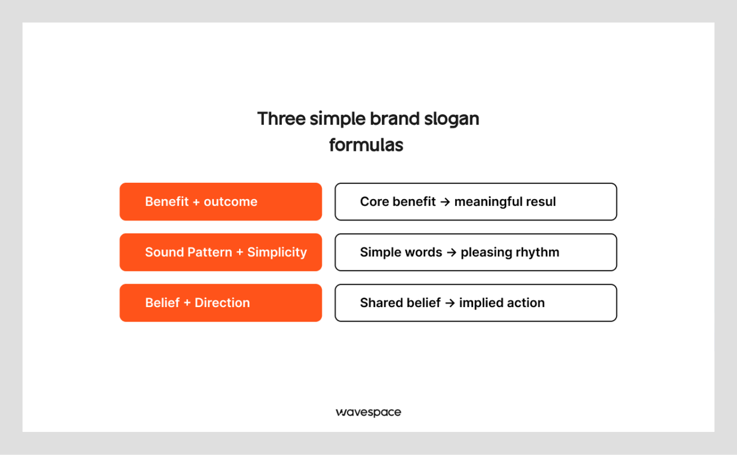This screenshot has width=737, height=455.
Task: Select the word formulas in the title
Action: pyautogui.click(x=366, y=145)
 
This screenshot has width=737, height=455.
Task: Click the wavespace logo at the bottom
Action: pyautogui.click(x=368, y=412)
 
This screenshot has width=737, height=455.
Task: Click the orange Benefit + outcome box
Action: pyautogui.click(x=221, y=201)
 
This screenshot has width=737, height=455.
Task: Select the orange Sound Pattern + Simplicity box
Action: pyautogui.click(x=221, y=252)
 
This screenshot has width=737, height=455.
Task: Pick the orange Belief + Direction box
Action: pyautogui.click(x=221, y=303)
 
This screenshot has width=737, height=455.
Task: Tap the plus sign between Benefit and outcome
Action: pyautogui.click(x=196, y=202)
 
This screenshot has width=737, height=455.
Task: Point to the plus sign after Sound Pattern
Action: pyautogui.click(x=240, y=253)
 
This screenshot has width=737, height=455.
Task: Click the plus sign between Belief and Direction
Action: pyautogui.click(x=187, y=303)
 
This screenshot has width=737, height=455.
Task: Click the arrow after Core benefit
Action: pyautogui.click(x=445, y=202)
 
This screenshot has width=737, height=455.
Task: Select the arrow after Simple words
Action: pyautogui.click(x=451, y=253)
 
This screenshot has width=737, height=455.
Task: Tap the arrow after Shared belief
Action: pyautogui.click(x=450, y=303)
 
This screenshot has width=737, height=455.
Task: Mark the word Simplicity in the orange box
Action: pyautogui.click(x=277, y=253)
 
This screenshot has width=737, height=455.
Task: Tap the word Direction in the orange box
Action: pyautogui.click(x=222, y=303)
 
